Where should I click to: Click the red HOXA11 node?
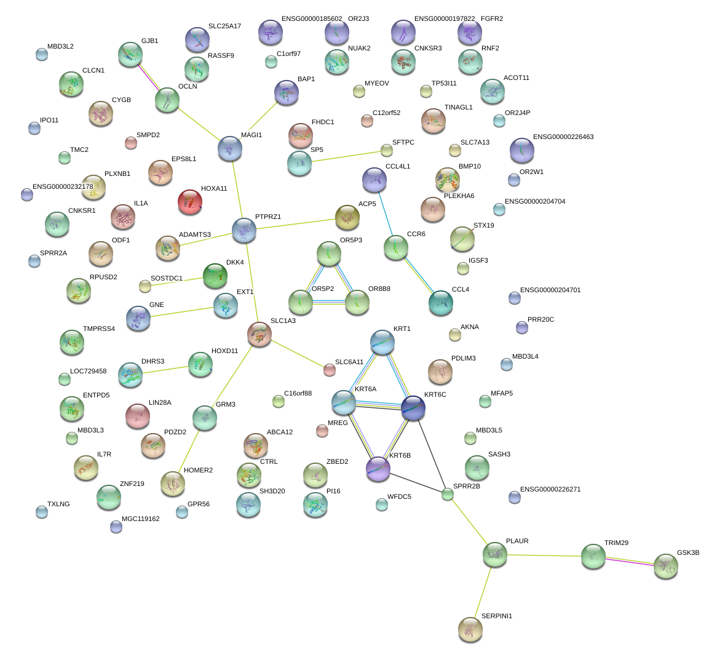[x=190, y=202]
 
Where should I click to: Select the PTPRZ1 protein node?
[x=244, y=229]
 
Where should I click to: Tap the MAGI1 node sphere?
[x=230, y=148]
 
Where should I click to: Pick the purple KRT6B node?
[x=378, y=468]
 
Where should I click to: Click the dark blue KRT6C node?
[x=413, y=408]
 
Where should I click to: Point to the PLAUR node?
[x=495, y=554]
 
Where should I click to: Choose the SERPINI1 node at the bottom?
[x=470, y=629]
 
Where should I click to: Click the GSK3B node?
[x=666, y=566]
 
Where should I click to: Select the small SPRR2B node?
[x=448, y=494]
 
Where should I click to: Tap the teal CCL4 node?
[x=441, y=303]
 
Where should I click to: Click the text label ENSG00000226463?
[x=563, y=137]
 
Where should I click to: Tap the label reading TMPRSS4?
[x=99, y=329]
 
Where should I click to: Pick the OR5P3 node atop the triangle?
[x=329, y=253]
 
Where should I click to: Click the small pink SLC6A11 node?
[x=330, y=370]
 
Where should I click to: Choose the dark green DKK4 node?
[x=215, y=276]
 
